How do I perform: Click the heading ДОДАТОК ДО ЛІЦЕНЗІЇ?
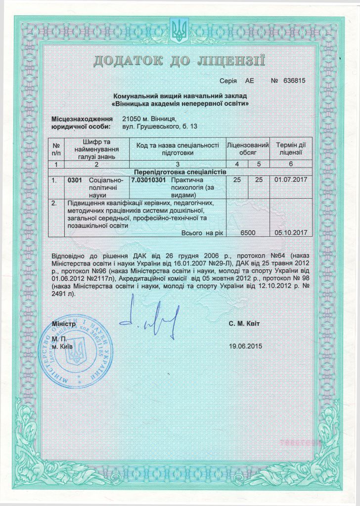pos(180,61)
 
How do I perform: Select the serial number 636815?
pos(292,81)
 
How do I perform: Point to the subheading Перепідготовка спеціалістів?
pos(180,171)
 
